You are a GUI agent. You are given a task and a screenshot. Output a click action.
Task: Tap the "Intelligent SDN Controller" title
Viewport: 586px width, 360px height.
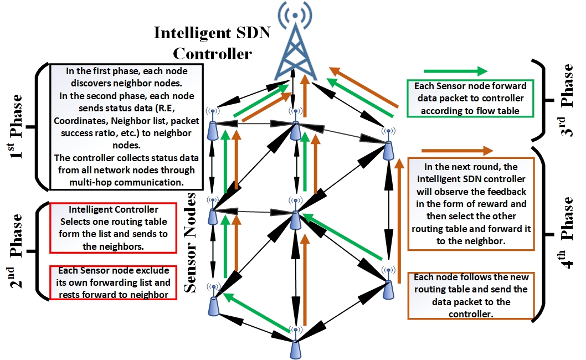coord(212,43)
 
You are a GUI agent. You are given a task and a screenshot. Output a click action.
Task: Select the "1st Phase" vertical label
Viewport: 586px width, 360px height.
coord(17,127)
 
